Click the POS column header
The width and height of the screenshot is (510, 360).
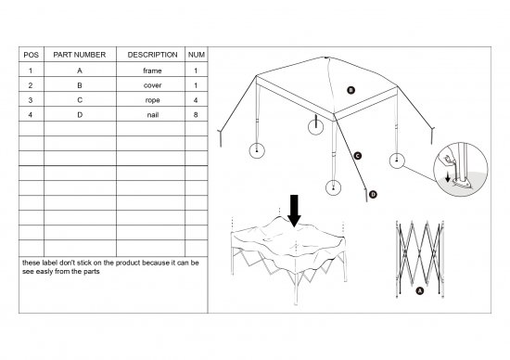click(x=32, y=55)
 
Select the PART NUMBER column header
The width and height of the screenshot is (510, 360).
click(x=80, y=55)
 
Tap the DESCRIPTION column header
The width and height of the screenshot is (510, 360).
click(x=153, y=55)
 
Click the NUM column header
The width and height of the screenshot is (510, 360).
click(x=197, y=55)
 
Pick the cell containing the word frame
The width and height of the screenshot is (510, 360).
click(x=152, y=71)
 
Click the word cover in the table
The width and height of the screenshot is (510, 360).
click(x=153, y=85)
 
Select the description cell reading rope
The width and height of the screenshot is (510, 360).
click(x=153, y=100)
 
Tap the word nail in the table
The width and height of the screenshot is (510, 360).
click(x=153, y=115)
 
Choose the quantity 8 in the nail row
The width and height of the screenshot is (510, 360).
click(x=196, y=115)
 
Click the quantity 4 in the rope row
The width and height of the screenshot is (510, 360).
click(x=196, y=100)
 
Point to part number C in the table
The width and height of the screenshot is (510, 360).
click(x=80, y=100)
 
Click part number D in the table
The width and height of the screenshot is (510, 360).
click(x=80, y=115)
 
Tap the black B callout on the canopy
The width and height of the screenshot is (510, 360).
click(x=351, y=90)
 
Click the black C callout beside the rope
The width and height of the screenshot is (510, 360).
click(x=358, y=156)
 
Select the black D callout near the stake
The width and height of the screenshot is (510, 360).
click(x=373, y=194)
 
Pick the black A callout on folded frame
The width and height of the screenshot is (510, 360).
click(x=420, y=290)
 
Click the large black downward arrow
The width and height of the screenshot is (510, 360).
click(x=294, y=211)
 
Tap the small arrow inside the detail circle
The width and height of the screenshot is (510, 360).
click(x=448, y=176)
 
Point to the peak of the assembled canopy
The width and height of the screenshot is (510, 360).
click(x=326, y=58)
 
